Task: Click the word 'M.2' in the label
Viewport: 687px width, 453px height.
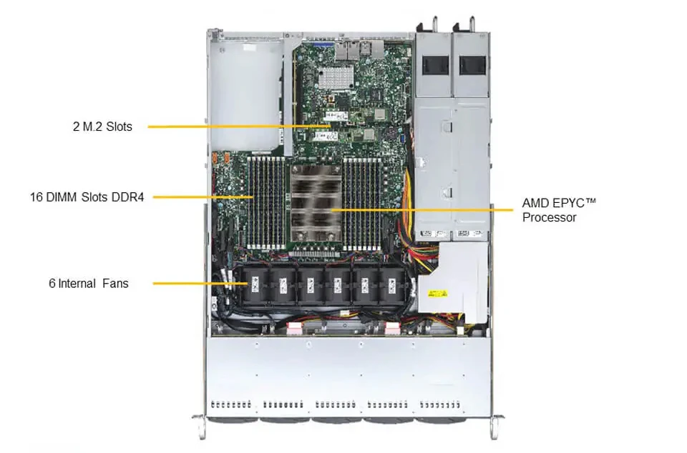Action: pyautogui.click(x=93, y=126)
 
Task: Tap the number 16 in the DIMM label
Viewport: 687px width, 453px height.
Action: pyautogui.click(x=36, y=197)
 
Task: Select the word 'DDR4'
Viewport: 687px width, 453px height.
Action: pyautogui.click(x=127, y=197)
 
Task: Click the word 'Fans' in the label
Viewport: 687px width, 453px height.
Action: pyautogui.click(x=116, y=284)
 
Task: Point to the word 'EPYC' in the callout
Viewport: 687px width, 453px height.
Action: pyautogui.click(x=567, y=203)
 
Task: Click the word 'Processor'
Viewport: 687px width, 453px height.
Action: pyautogui.click(x=550, y=217)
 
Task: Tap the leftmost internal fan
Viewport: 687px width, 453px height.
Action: pyautogui.click(x=255, y=285)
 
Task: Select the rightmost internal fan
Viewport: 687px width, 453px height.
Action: pyautogui.click(x=392, y=285)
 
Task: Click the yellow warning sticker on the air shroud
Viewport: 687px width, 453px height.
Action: pyautogui.click(x=438, y=293)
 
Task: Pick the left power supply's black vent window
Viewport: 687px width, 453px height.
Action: pyautogui.click(x=436, y=65)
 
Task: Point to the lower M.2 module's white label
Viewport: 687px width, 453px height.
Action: pyautogui.click(x=326, y=136)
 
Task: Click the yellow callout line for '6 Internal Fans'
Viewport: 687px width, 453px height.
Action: pyautogui.click(x=200, y=284)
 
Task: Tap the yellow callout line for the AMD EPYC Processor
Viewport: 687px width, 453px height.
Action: pyautogui.click(x=422, y=210)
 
